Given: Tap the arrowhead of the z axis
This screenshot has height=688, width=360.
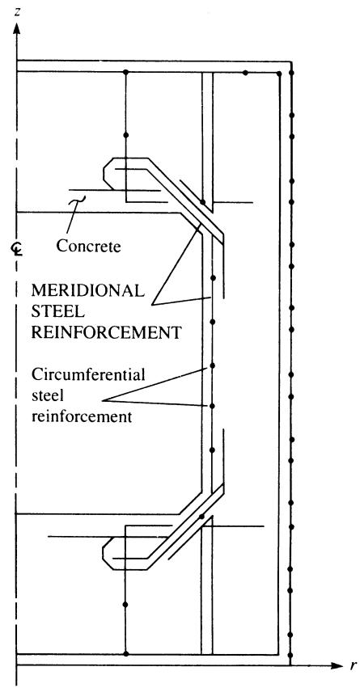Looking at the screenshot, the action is (17, 28).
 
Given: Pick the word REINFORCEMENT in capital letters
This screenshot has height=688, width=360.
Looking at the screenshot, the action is (106, 332).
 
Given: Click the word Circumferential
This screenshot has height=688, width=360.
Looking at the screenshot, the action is (88, 376).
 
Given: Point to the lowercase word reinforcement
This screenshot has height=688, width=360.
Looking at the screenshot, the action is (82, 416).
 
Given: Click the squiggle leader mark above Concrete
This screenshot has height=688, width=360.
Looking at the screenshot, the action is (79, 200).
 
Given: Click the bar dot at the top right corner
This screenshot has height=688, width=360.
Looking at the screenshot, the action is (291, 71).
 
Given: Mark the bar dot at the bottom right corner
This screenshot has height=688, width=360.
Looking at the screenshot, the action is (290, 653).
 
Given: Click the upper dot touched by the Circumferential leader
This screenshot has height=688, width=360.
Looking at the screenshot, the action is (212, 365).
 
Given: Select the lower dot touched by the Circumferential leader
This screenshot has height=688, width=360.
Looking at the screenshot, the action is (212, 407).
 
